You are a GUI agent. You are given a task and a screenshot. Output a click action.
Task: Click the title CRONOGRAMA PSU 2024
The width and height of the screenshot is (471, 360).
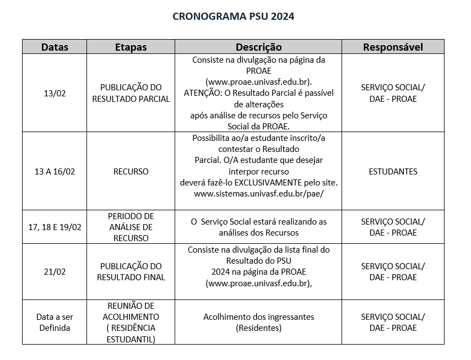pos(234,17)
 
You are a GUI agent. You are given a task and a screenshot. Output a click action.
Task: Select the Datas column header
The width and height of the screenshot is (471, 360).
pos(55,47)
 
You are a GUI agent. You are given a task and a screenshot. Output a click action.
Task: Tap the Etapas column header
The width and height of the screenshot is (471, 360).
pos(131,47)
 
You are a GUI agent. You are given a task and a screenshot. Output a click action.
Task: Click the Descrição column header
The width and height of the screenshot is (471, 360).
pos(258,47)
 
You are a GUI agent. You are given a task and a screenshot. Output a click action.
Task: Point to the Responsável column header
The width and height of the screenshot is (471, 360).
pos(393,47)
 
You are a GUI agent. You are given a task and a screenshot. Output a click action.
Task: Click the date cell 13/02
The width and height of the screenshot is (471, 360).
pos(55,94)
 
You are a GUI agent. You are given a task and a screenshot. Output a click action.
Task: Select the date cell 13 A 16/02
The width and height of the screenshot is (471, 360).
pos(55,172)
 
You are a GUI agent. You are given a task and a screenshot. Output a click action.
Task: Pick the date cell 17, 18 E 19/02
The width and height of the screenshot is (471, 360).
pos(55,227)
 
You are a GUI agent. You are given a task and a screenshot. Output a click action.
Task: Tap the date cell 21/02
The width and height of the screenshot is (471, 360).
pos(55,272)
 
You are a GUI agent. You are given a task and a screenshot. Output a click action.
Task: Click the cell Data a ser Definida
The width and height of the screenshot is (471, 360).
pos(55,323)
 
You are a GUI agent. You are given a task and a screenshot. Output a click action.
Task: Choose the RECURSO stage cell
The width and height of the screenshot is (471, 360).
pos(131,172)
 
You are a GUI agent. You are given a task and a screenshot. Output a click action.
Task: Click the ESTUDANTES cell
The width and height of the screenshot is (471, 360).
pos(393,172)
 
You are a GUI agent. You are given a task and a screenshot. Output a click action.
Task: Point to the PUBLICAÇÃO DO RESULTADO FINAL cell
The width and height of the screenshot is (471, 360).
pos(131,272)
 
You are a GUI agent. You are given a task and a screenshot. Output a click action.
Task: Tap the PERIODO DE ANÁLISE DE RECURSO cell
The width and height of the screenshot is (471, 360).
pos(131,227)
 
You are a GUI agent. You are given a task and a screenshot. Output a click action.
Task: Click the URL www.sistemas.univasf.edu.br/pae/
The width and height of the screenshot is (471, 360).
pos(258,194)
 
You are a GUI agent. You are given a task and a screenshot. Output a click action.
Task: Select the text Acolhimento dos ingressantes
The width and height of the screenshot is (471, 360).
pos(258,317)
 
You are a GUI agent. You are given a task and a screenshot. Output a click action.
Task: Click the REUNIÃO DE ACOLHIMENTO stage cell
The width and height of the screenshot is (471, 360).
pos(131,323)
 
